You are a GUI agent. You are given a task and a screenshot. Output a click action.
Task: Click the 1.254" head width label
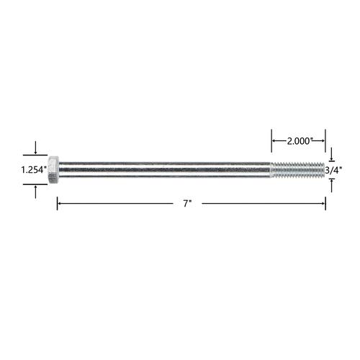pyautogui.click(x=34, y=170)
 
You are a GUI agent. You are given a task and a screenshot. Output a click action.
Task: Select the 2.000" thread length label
pyautogui.click(x=299, y=141)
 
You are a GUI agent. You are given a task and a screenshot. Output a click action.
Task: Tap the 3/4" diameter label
pyautogui.click(x=333, y=170)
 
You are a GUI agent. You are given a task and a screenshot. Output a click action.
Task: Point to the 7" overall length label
pyautogui.click(x=187, y=204)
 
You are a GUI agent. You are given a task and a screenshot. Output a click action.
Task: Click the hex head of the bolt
pyautogui.click(x=53, y=170)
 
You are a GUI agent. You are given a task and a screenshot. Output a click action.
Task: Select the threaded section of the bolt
pyautogui.click(x=297, y=170)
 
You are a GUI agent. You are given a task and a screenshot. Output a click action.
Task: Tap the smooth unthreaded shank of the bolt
pyautogui.click(x=165, y=170)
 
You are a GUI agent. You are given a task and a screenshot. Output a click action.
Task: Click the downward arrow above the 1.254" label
pyautogui.click(x=35, y=148)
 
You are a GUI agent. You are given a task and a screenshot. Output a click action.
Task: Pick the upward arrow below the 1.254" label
pyautogui.click(x=35, y=192)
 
